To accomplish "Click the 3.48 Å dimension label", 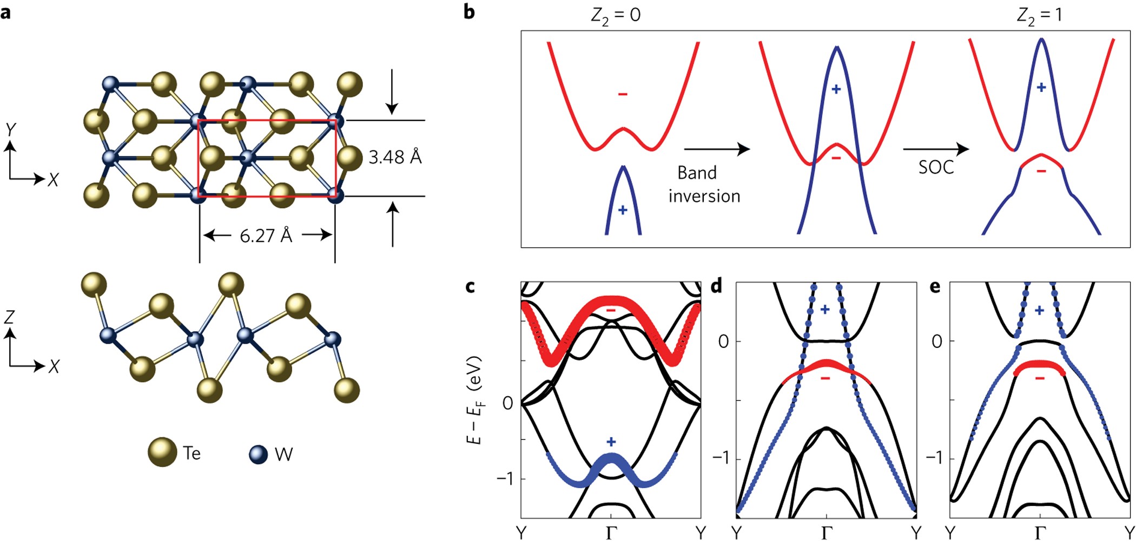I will click(x=395, y=157).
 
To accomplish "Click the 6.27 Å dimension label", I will click(x=266, y=235).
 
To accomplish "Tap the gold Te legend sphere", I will click(x=162, y=452).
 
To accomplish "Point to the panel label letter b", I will click(x=469, y=12).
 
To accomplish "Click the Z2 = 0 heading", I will click(x=615, y=15).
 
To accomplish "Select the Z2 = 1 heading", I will click(x=1039, y=15).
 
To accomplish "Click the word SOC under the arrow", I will click(x=936, y=167).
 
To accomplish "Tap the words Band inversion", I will click(x=704, y=185).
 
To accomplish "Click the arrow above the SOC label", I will click(x=935, y=148).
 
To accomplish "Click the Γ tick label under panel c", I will click(x=611, y=533).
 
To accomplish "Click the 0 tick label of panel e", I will click(x=936, y=342).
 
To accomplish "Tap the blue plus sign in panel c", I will click(x=611, y=442).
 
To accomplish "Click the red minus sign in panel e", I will click(x=1040, y=378).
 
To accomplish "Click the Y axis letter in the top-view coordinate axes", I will click(x=10, y=130).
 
